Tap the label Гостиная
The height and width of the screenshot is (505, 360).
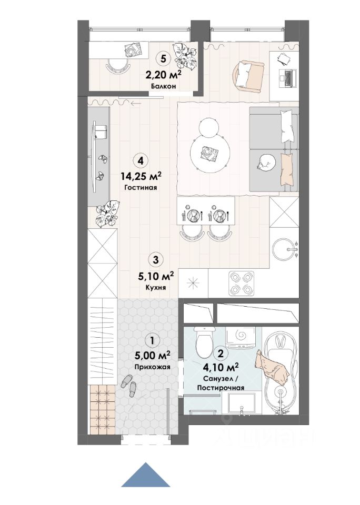140,187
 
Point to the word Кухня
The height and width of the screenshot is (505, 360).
156,287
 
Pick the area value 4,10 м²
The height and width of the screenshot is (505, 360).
221,367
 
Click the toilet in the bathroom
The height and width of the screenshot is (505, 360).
205,342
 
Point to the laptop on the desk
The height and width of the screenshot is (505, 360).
287,78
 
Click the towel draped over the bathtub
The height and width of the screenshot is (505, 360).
272,367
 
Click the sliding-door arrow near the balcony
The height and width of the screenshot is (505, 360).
136,104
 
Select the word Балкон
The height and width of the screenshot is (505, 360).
163,86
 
